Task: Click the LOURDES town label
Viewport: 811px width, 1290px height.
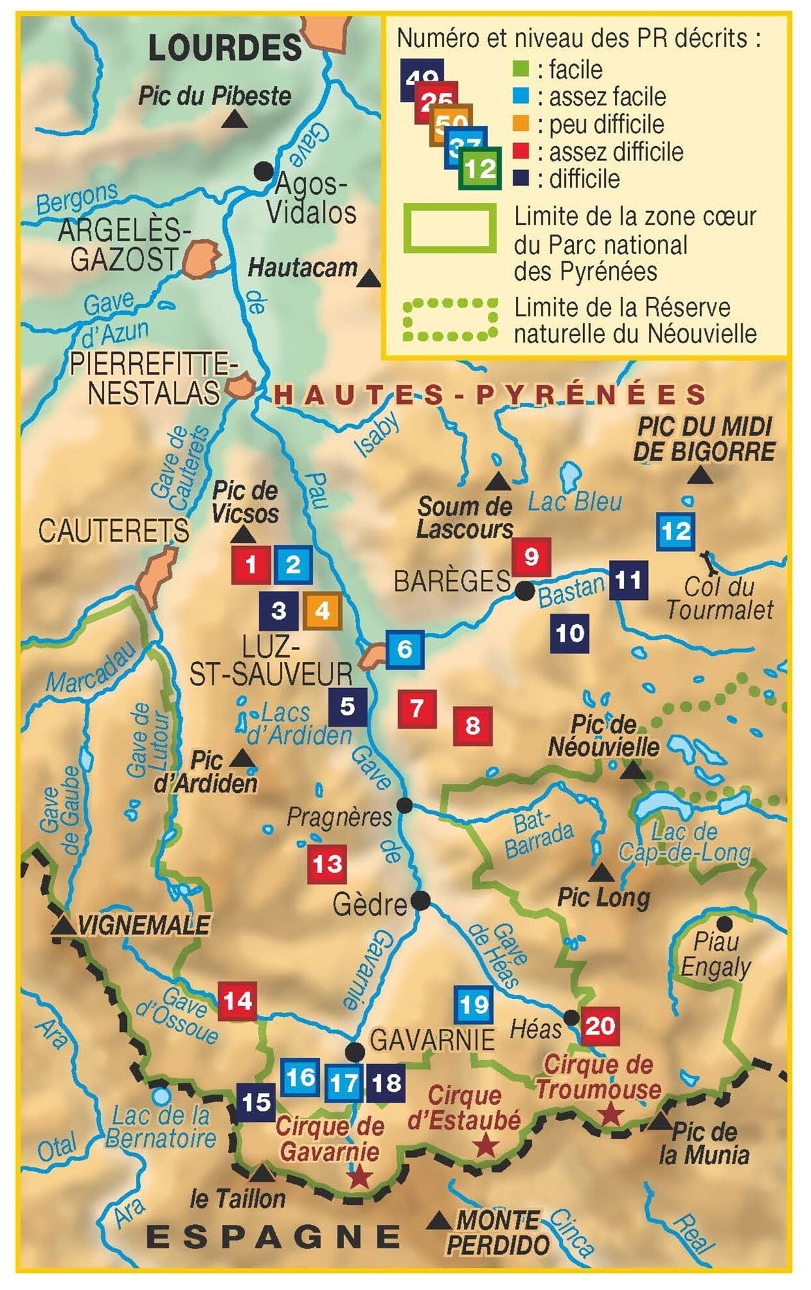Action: point(225,48)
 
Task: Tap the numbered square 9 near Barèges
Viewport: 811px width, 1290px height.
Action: point(531,557)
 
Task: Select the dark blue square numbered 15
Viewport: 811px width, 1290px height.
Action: point(255,1102)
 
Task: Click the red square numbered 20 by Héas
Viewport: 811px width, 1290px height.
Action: point(599,1026)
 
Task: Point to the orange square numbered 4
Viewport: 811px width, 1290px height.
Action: point(322,610)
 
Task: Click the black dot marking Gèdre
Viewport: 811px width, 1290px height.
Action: point(420,901)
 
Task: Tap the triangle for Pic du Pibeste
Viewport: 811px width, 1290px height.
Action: point(235,120)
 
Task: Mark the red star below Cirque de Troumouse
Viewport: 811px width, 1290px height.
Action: point(610,1113)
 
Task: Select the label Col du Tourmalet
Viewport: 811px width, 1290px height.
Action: point(719,598)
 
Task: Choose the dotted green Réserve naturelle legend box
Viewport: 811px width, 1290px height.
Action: point(449,320)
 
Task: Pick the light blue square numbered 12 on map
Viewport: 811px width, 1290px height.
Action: point(675,532)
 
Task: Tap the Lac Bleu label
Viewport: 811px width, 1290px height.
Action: point(575,501)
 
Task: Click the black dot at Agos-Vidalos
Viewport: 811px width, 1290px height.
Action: point(263,171)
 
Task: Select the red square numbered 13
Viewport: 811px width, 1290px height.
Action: point(326,864)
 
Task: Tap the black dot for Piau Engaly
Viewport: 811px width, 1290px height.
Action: point(724,923)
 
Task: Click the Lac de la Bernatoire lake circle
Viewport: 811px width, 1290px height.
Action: point(162,1096)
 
